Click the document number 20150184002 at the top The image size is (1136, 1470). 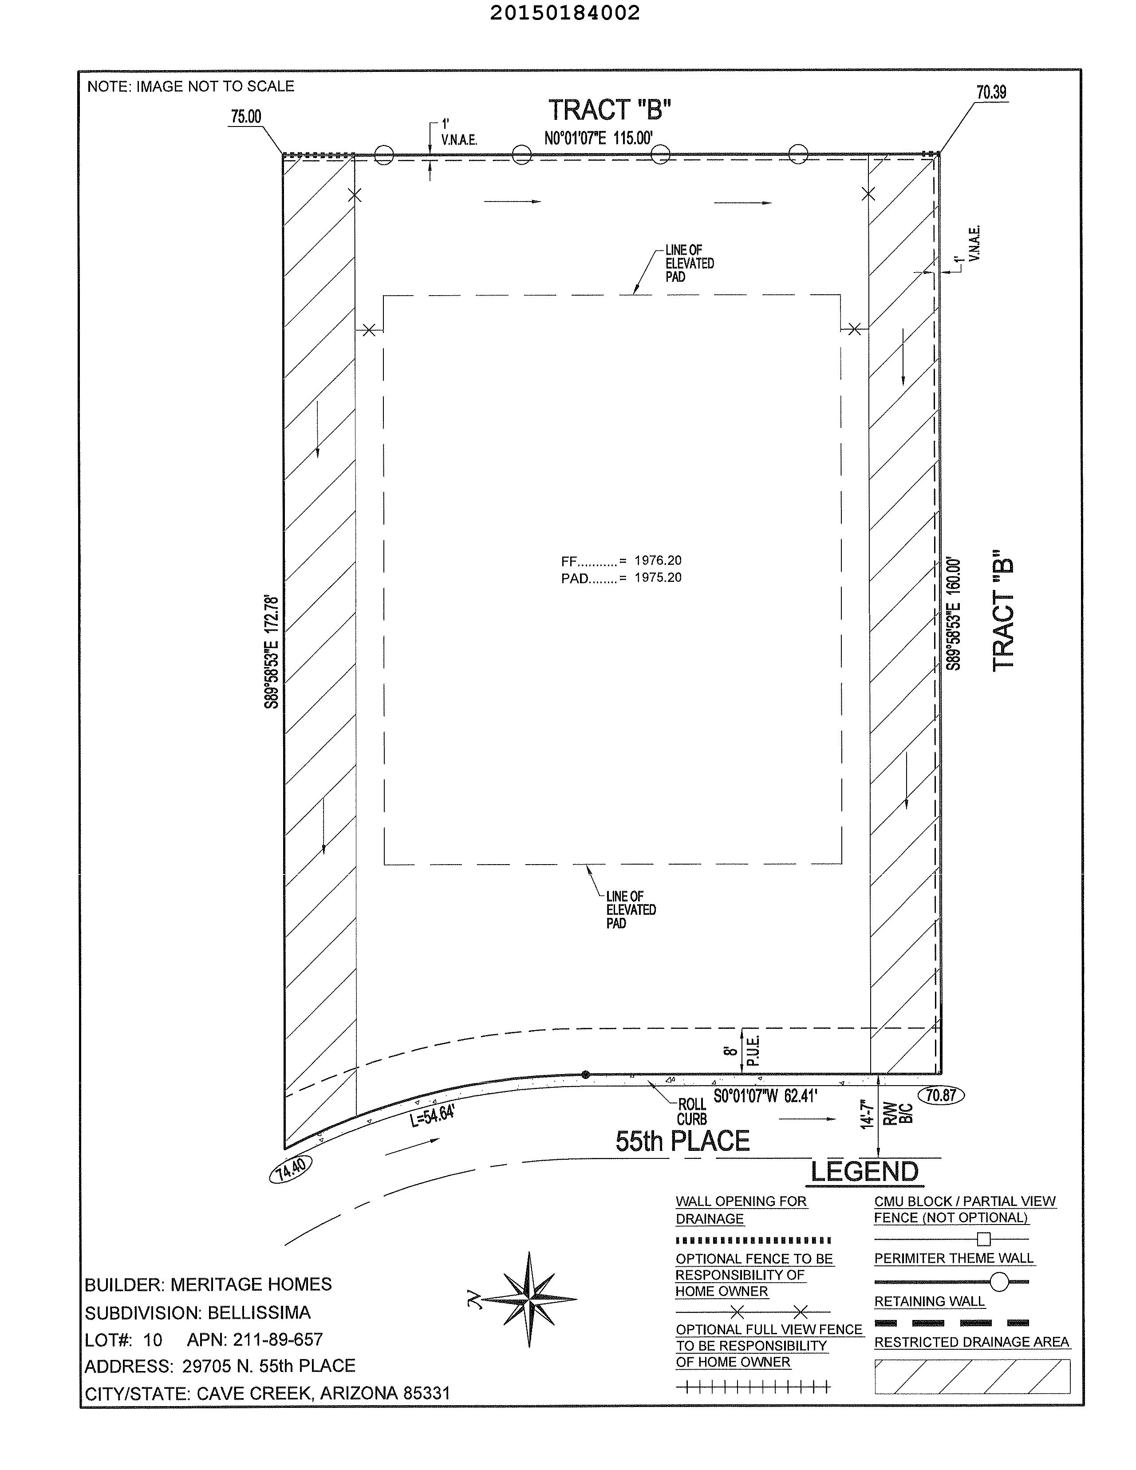click(564, 13)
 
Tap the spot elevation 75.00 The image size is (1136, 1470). click(246, 116)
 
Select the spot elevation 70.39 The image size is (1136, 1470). click(991, 92)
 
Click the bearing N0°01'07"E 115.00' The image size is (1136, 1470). click(598, 138)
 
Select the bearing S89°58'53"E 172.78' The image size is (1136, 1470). click(271, 651)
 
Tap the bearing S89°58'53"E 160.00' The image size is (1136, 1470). click(953, 613)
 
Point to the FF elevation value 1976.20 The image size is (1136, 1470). click(658, 560)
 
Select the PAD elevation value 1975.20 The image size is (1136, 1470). click(658, 577)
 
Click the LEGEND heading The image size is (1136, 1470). click(864, 1172)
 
